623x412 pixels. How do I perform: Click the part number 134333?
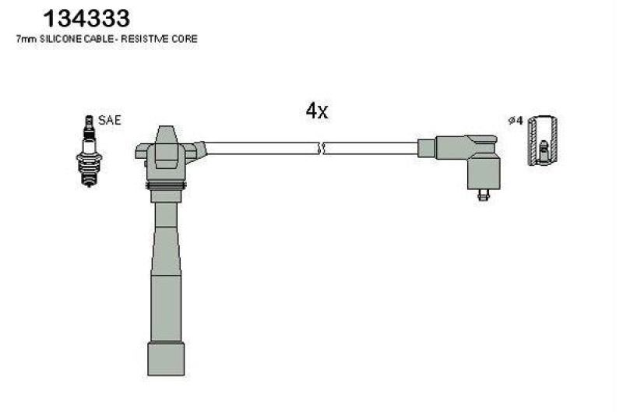(x=86, y=17)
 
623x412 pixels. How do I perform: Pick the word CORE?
(x=186, y=39)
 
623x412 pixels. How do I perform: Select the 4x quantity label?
(x=317, y=111)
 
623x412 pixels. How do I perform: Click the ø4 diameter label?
(x=514, y=121)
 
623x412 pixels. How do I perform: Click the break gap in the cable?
(x=321, y=148)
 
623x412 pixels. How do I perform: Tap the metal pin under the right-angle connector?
(x=482, y=195)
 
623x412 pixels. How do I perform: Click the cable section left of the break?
(x=261, y=148)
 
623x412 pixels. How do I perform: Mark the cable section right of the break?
(x=370, y=148)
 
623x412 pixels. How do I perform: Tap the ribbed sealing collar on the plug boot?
(x=167, y=188)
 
